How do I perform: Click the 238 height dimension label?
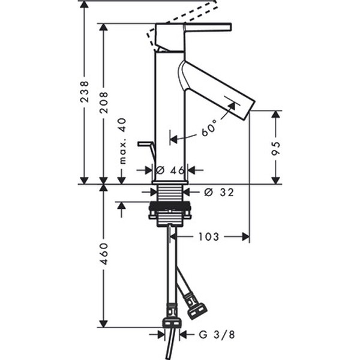(84, 91)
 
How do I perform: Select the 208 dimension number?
(104, 103)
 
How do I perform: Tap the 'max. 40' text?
(123, 141)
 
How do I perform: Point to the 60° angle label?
(209, 128)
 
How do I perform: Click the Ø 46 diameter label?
(170, 170)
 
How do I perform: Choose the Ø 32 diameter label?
(219, 192)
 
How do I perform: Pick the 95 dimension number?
(275, 149)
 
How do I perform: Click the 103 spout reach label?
(209, 237)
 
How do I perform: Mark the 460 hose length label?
(104, 254)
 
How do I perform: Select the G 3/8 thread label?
(217, 335)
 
